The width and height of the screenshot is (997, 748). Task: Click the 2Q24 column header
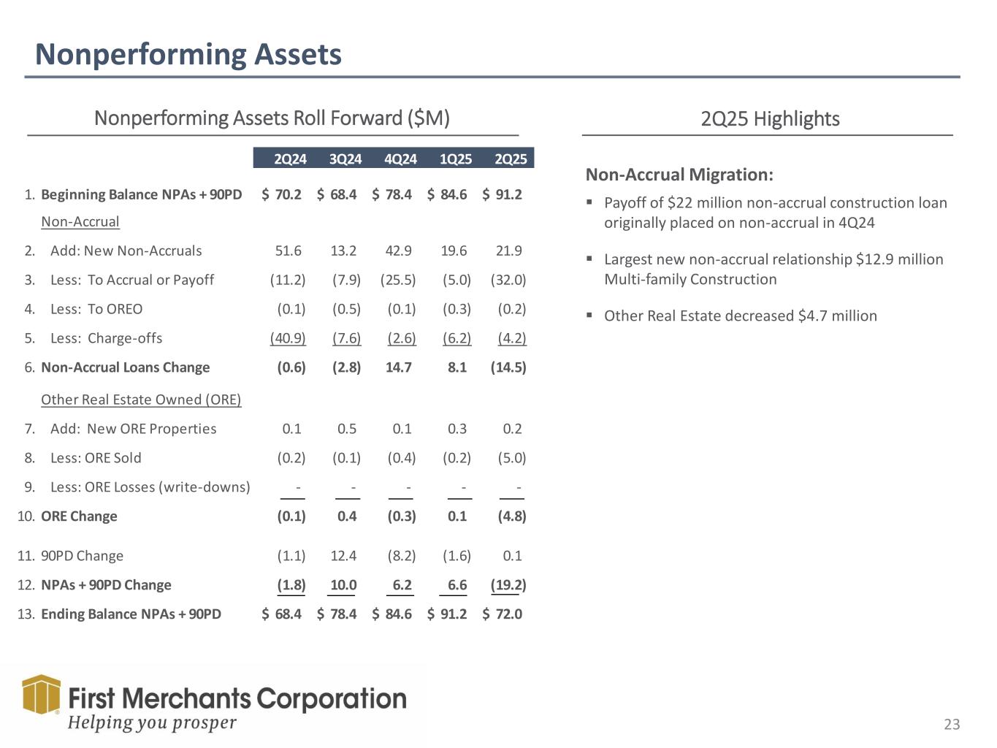coord(290,159)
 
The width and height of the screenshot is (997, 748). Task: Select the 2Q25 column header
coord(511,159)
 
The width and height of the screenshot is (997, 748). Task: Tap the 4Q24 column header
coord(400,159)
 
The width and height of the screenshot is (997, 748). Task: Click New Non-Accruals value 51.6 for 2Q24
coord(288,251)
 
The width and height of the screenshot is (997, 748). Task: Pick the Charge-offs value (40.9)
coord(288,338)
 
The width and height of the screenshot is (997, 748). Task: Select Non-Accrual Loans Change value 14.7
coord(399,367)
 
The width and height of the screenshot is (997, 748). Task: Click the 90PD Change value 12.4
coord(343,556)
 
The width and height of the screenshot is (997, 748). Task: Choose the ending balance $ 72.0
coord(503,614)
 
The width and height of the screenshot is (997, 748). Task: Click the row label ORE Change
coord(79,516)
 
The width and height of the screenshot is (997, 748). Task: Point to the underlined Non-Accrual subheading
coord(80,221)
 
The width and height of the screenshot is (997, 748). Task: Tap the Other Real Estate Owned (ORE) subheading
coord(141,400)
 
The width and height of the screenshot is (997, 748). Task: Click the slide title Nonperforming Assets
coord(188,55)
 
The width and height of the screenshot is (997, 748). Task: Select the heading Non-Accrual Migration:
coord(679,175)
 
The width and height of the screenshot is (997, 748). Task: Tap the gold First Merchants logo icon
coord(41,694)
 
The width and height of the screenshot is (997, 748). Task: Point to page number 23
coord(952,725)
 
